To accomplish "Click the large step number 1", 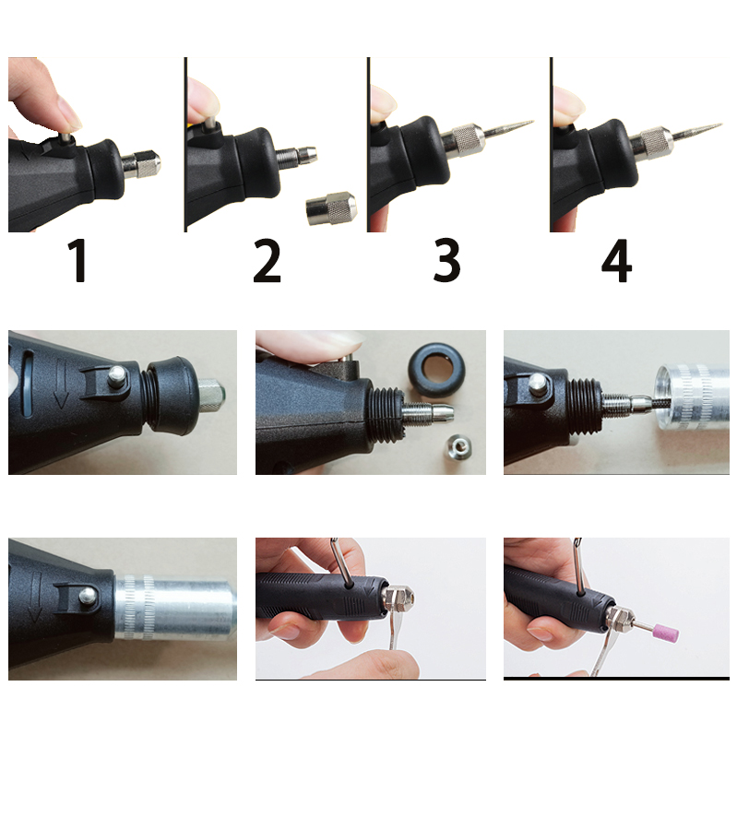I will (80, 262).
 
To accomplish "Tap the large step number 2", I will (267, 262).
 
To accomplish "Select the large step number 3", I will (446, 262).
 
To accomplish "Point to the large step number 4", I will (616, 262).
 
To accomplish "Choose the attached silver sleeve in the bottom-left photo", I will (175, 608).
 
